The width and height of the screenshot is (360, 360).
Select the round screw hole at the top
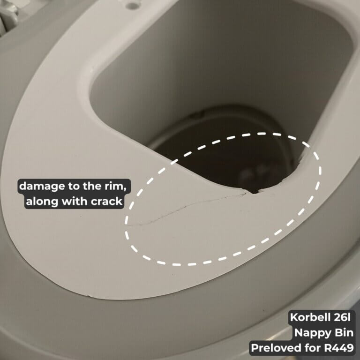click(x=133, y=5)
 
